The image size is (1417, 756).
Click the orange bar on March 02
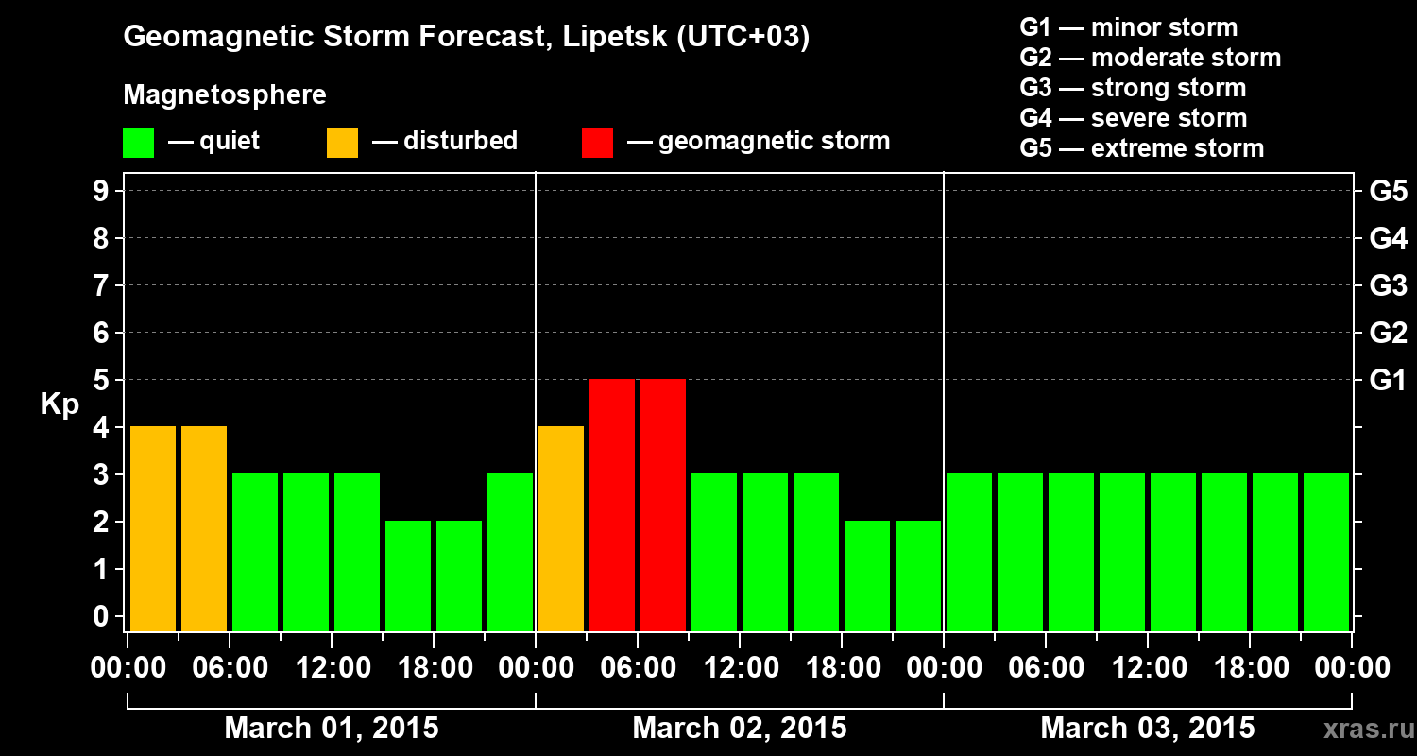[x=561, y=528]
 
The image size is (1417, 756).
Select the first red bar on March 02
[x=612, y=505]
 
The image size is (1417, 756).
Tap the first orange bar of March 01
[x=153, y=528]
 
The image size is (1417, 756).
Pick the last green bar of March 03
[x=1326, y=552]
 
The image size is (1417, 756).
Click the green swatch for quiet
[x=138, y=143]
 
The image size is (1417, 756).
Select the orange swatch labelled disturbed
[x=342, y=143]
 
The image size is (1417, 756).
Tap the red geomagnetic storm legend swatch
[x=597, y=143]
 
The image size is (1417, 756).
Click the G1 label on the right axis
[x=1388, y=381]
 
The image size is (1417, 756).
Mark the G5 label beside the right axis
[x=1388, y=192]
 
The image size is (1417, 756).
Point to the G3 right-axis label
[x=1388, y=286]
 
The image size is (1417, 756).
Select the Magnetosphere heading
[x=225, y=95]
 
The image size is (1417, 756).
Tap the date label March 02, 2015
[x=740, y=729]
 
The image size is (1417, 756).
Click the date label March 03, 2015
[x=1148, y=729]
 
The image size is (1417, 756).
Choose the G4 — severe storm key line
[x=1134, y=118]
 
